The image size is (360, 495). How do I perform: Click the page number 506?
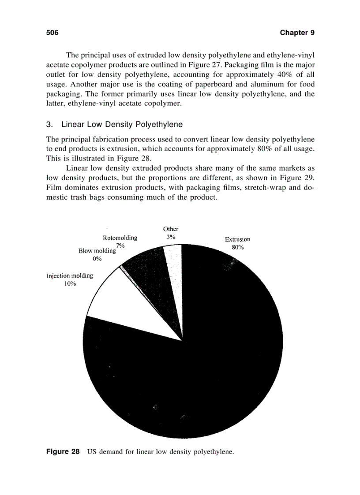52,33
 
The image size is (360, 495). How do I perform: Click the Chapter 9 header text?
297,33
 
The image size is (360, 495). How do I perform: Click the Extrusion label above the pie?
237,239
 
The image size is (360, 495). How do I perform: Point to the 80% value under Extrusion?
237,247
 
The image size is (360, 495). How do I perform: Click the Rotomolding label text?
120,238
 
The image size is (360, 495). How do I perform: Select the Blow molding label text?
97,250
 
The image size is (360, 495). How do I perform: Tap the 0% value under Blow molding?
97,259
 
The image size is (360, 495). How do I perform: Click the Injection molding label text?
70,275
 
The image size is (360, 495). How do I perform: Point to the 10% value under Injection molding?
70,284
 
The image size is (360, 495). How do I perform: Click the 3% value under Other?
171,237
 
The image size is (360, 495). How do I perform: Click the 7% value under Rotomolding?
120,245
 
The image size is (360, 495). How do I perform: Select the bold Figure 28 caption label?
63,452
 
